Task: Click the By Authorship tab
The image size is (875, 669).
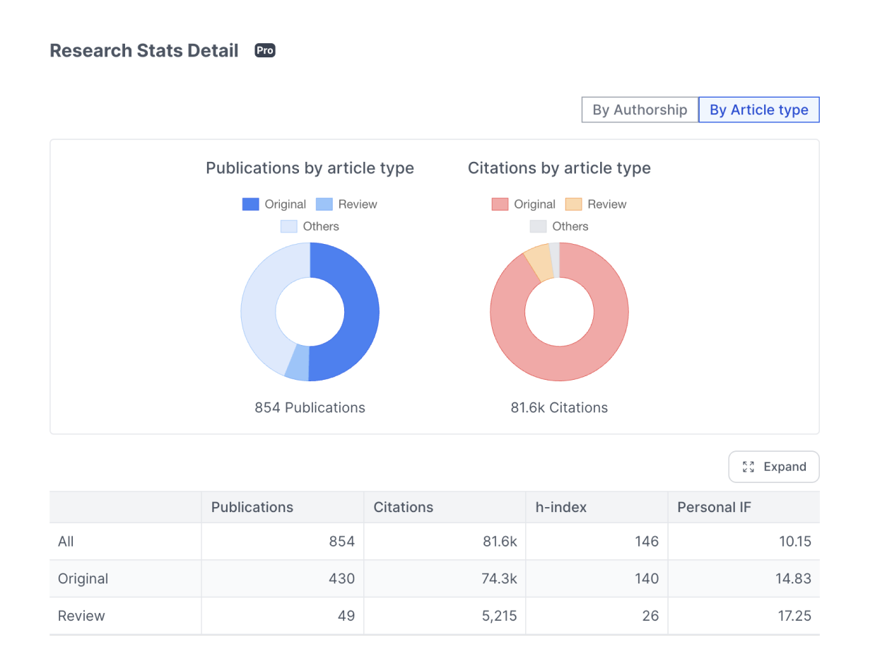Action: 640,110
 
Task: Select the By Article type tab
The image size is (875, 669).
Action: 758,110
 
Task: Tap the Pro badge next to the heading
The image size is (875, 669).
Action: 265,51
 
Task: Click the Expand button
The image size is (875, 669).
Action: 774,467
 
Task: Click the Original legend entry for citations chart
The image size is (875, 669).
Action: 523,204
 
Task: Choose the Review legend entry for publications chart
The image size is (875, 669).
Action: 346,204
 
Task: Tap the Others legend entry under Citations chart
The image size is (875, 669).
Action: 559,226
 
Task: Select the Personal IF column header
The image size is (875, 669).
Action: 714,507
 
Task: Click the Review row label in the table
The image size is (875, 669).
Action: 81,616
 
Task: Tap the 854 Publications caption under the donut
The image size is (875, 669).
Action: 310,407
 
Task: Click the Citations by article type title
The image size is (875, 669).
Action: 559,168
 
